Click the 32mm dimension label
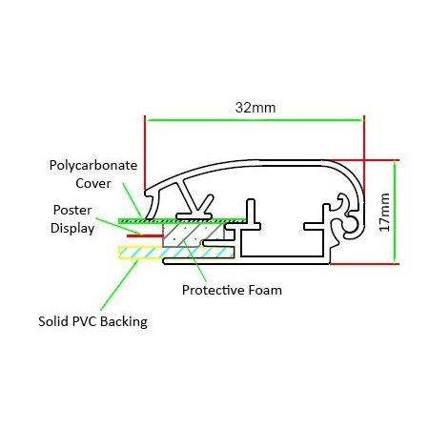coord(255,108)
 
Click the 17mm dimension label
coord(384,212)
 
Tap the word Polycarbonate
coord(93,166)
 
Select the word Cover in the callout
coord(93,183)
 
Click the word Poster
coord(72,210)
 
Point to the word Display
coord(72,229)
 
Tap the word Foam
coord(265,290)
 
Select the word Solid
coord(53,321)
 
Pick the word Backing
coord(124,322)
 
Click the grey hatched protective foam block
coord(194,235)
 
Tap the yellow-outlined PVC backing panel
coord(176,253)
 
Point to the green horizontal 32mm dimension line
coord(255,120)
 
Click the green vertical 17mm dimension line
coord(395,212)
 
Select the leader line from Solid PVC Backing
coord(119,285)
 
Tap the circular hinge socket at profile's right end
coord(351,225)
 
